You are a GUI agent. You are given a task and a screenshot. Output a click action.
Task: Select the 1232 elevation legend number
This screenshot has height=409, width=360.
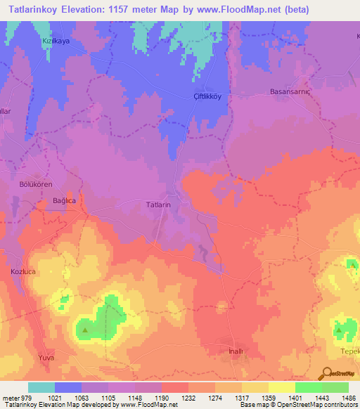point(188,398)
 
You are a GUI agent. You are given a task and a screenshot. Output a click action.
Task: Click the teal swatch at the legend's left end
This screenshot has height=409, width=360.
point(41,387)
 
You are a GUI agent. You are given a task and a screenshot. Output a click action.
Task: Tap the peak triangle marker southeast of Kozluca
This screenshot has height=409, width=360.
point(85,328)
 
